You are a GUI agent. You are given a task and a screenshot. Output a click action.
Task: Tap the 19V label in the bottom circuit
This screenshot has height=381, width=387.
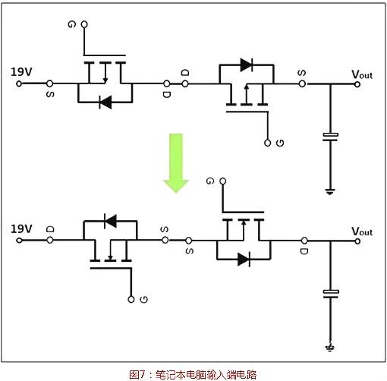click(x=21, y=228)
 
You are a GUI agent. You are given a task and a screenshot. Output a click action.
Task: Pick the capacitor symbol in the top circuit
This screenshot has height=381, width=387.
click(x=330, y=137)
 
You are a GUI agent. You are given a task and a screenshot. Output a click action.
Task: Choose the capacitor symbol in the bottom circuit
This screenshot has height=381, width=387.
click(x=330, y=293)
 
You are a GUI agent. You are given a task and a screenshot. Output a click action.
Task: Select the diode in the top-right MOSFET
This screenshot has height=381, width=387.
click(x=246, y=65)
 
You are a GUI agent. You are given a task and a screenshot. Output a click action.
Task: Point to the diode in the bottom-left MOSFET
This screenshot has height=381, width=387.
click(x=110, y=221)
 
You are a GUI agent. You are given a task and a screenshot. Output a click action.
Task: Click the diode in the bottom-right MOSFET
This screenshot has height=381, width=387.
click(x=244, y=260)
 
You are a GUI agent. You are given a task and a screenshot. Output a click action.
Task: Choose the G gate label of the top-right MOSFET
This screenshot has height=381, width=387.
click(x=280, y=143)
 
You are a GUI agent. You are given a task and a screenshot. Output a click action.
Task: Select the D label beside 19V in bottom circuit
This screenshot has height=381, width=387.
click(x=50, y=228)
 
